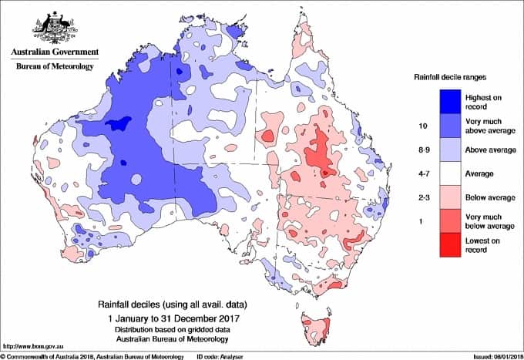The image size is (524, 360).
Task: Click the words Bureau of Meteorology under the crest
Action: (x=54, y=66)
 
